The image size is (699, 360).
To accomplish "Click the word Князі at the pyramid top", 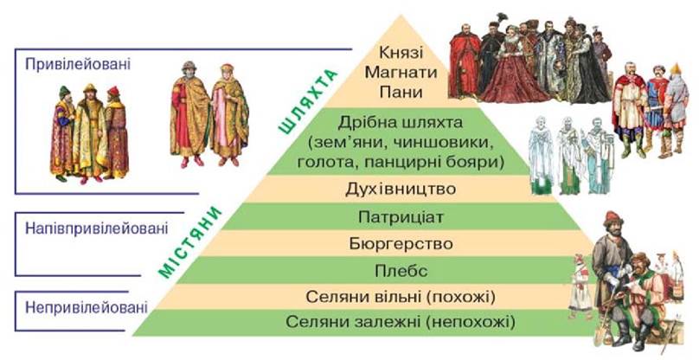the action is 401,52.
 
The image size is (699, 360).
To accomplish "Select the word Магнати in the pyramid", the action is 401,72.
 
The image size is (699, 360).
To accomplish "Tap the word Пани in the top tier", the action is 401,92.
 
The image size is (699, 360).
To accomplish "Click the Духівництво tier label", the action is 401,189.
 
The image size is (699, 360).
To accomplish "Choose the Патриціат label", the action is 401,217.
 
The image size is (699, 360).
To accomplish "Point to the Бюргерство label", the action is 401,243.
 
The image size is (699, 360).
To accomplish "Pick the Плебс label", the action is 401,271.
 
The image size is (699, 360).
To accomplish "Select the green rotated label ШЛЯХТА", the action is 308,101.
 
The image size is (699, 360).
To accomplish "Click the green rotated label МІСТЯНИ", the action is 189,241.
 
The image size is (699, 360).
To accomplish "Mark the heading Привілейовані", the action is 78,64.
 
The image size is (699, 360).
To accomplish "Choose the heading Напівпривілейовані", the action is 97,228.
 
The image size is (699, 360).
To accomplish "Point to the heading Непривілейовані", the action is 87,307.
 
